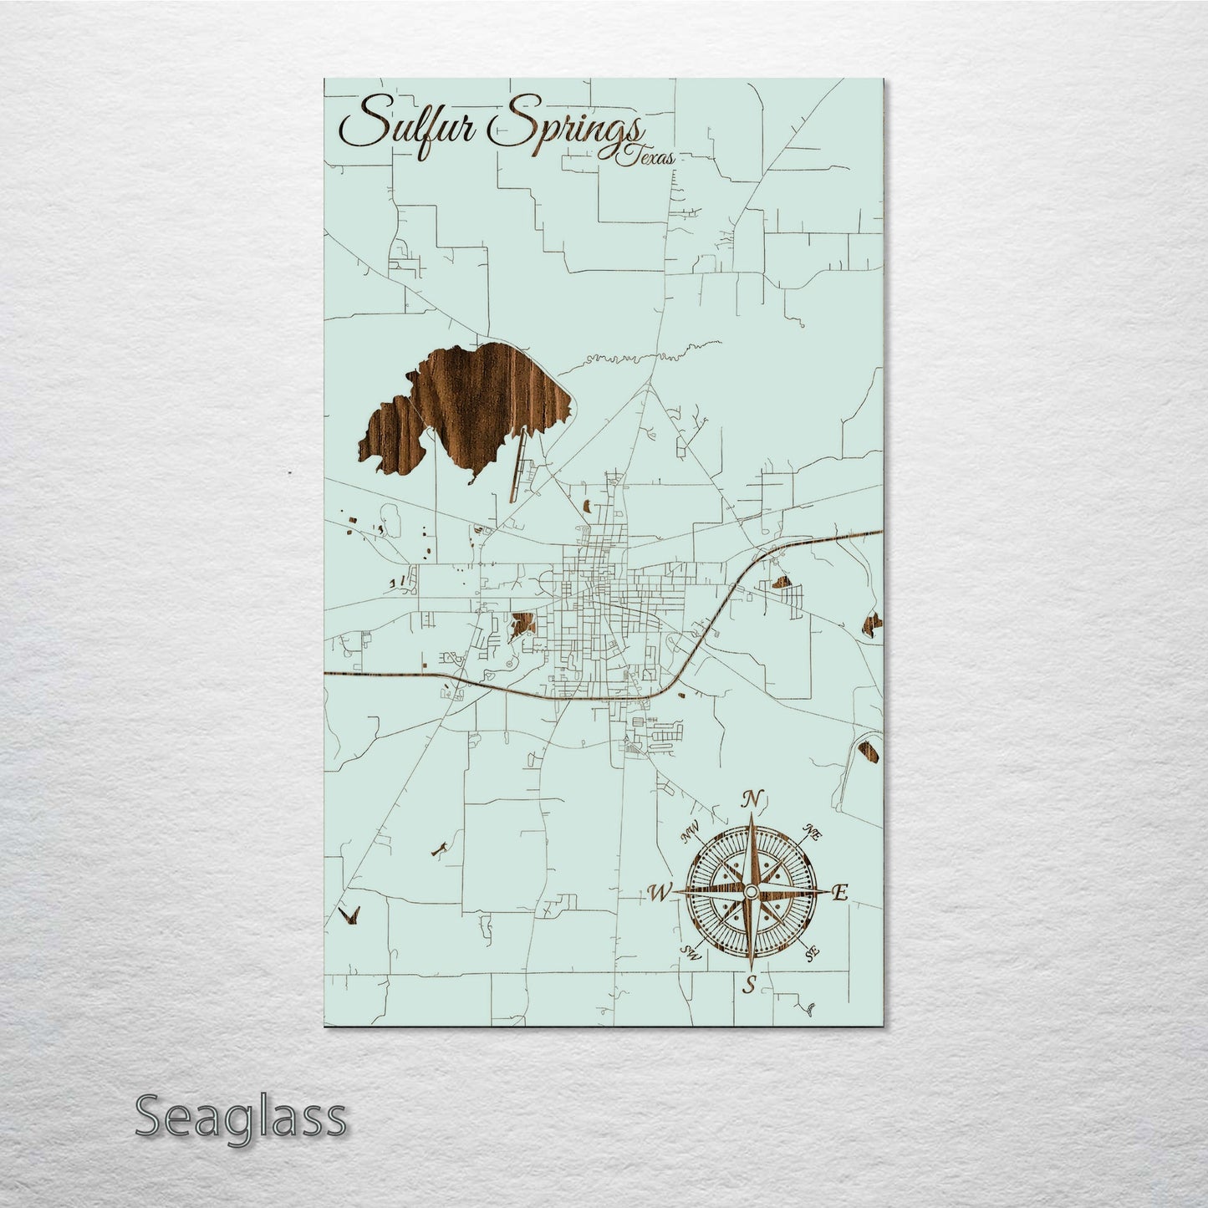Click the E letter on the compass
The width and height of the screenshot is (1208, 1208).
(841, 893)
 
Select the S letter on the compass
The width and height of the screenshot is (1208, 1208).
(750, 985)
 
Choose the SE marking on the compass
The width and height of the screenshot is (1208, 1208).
(809, 954)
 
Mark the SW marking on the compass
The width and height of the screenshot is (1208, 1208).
(691, 952)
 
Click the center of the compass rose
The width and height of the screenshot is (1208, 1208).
(751, 893)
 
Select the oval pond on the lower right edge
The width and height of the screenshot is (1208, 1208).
(869, 748)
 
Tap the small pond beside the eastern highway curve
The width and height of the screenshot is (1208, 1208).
(781, 583)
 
